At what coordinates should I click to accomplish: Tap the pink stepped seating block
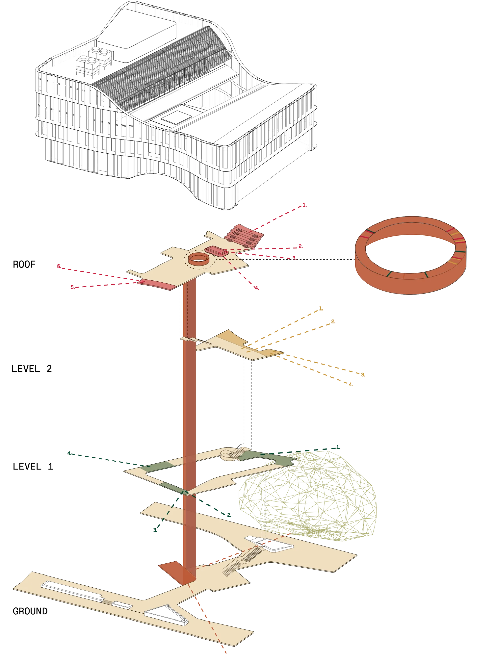tap(244, 235)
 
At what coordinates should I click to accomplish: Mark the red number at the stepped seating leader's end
tap(305, 206)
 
